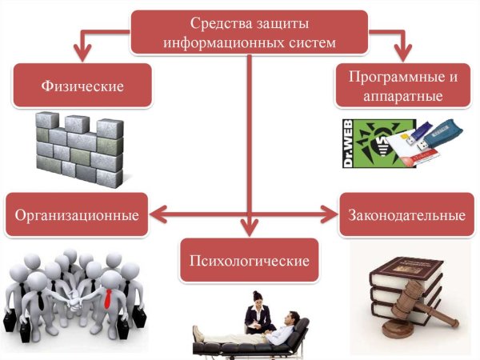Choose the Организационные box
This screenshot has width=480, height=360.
click(77, 214)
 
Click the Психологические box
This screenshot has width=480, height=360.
click(249, 261)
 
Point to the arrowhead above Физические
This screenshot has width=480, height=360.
click(80, 54)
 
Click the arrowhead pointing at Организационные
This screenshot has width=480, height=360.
click(158, 214)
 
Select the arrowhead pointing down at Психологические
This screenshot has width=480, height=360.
click(250, 228)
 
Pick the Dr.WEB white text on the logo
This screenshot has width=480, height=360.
click(349, 145)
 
